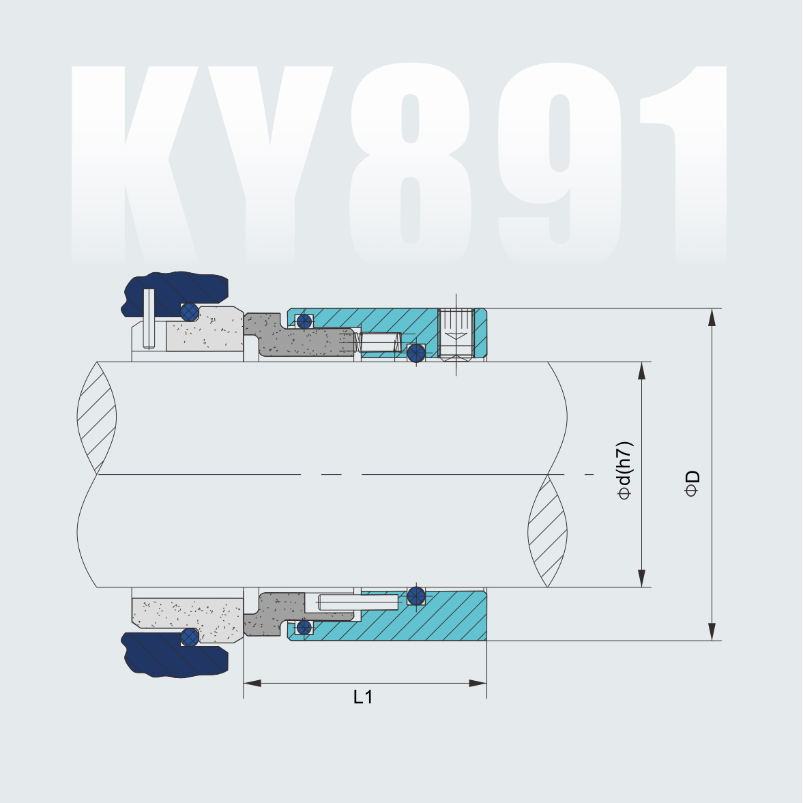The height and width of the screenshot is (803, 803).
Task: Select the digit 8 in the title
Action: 409,164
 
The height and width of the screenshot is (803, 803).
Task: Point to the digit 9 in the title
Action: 559,164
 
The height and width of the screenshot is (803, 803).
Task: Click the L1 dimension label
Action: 363,697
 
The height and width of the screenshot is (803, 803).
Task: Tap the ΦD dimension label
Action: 692,482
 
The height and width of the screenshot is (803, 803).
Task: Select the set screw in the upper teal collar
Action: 456,334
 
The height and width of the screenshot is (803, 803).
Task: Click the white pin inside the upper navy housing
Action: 149,318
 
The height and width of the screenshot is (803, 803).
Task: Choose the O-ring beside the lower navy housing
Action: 189,637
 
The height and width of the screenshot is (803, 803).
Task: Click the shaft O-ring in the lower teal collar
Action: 415,596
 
